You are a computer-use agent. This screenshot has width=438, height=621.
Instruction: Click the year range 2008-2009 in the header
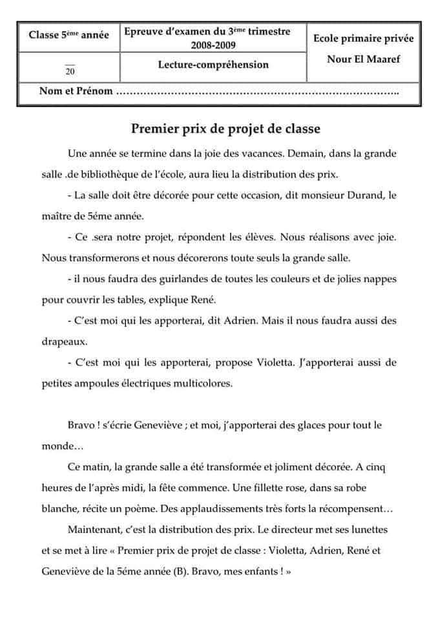coord(213,45)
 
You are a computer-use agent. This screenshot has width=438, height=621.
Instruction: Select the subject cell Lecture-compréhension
coord(213,65)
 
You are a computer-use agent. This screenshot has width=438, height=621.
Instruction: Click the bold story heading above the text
coord(225,128)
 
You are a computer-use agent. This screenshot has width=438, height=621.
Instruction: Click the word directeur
coord(287,529)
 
